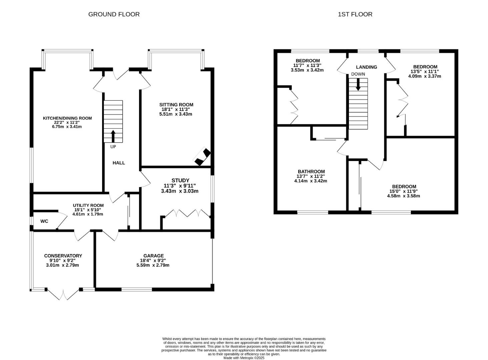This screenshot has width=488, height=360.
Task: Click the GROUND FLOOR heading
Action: (114, 14)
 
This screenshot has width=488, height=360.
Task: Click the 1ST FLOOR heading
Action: (355, 14)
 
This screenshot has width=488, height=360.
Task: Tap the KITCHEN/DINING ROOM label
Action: (67, 118)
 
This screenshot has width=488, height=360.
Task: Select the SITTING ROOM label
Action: (176, 105)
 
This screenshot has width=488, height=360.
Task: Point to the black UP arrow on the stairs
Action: (113, 136)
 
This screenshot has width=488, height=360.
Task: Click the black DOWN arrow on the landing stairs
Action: (358, 84)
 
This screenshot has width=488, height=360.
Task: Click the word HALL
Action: (119, 163)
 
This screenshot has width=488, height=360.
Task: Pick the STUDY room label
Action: (180, 180)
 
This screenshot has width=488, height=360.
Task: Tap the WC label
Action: (44, 221)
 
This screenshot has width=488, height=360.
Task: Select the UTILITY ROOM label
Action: (88, 205)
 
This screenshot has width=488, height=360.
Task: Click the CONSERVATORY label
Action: (63, 256)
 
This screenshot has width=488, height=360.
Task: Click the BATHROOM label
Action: (311, 171)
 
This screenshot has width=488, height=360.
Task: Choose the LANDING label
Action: (366, 67)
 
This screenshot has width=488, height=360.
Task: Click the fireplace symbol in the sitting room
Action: (203, 156)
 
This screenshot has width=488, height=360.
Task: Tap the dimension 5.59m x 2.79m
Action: (153, 265)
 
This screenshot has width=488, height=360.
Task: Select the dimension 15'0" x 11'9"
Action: (404, 191)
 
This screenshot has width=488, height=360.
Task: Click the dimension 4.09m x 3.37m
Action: (424, 76)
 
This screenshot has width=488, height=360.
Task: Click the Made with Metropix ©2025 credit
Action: (244, 358)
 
